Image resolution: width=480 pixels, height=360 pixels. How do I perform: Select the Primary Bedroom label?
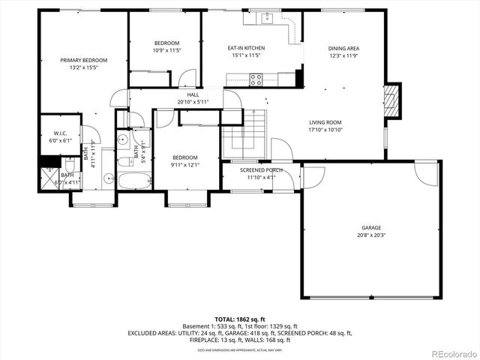(x=84, y=60)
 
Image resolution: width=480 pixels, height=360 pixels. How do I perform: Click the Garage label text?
(x=371, y=228)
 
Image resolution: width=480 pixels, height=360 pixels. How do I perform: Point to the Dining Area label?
(x=343, y=48)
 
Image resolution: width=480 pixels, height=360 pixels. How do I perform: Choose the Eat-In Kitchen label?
(x=246, y=48)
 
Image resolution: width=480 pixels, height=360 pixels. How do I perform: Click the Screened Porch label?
(x=261, y=170)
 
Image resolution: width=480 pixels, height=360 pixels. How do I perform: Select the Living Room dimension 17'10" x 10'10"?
(x=325, y=130)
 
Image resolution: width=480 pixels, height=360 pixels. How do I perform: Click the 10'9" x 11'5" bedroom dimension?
(x=166, y=50)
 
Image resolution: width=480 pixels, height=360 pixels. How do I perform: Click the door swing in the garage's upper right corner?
(x=427, y=174)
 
